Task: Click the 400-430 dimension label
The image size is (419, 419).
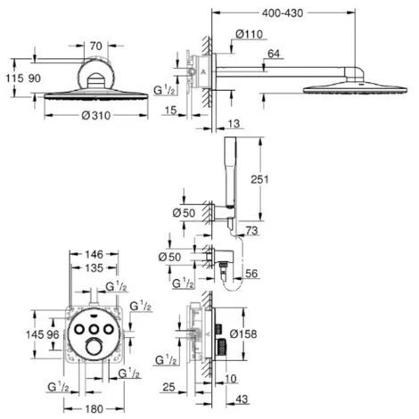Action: pyautogui.click(x=283, y=13)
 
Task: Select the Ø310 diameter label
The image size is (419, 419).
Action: pyautogui.click(x=96, y=115)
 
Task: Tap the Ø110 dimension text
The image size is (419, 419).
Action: pyautogui.click(x=250, y=34)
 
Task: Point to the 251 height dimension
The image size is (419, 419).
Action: pyautogui.click(x=259, y=179)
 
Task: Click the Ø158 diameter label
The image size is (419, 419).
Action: pyautogui.click(x=243, y=333)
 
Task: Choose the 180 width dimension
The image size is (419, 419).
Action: pyautogui.click(x=94, y=409)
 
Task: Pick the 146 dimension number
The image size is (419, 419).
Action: pyautogui.click(x=94, y=254)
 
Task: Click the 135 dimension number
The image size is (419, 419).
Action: pyautogui.click(x=94, y=267)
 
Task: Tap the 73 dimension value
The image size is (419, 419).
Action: pyautogui.click(x=251, y=230)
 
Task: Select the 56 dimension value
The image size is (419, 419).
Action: pyautogui.click(x=251, y=274)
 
